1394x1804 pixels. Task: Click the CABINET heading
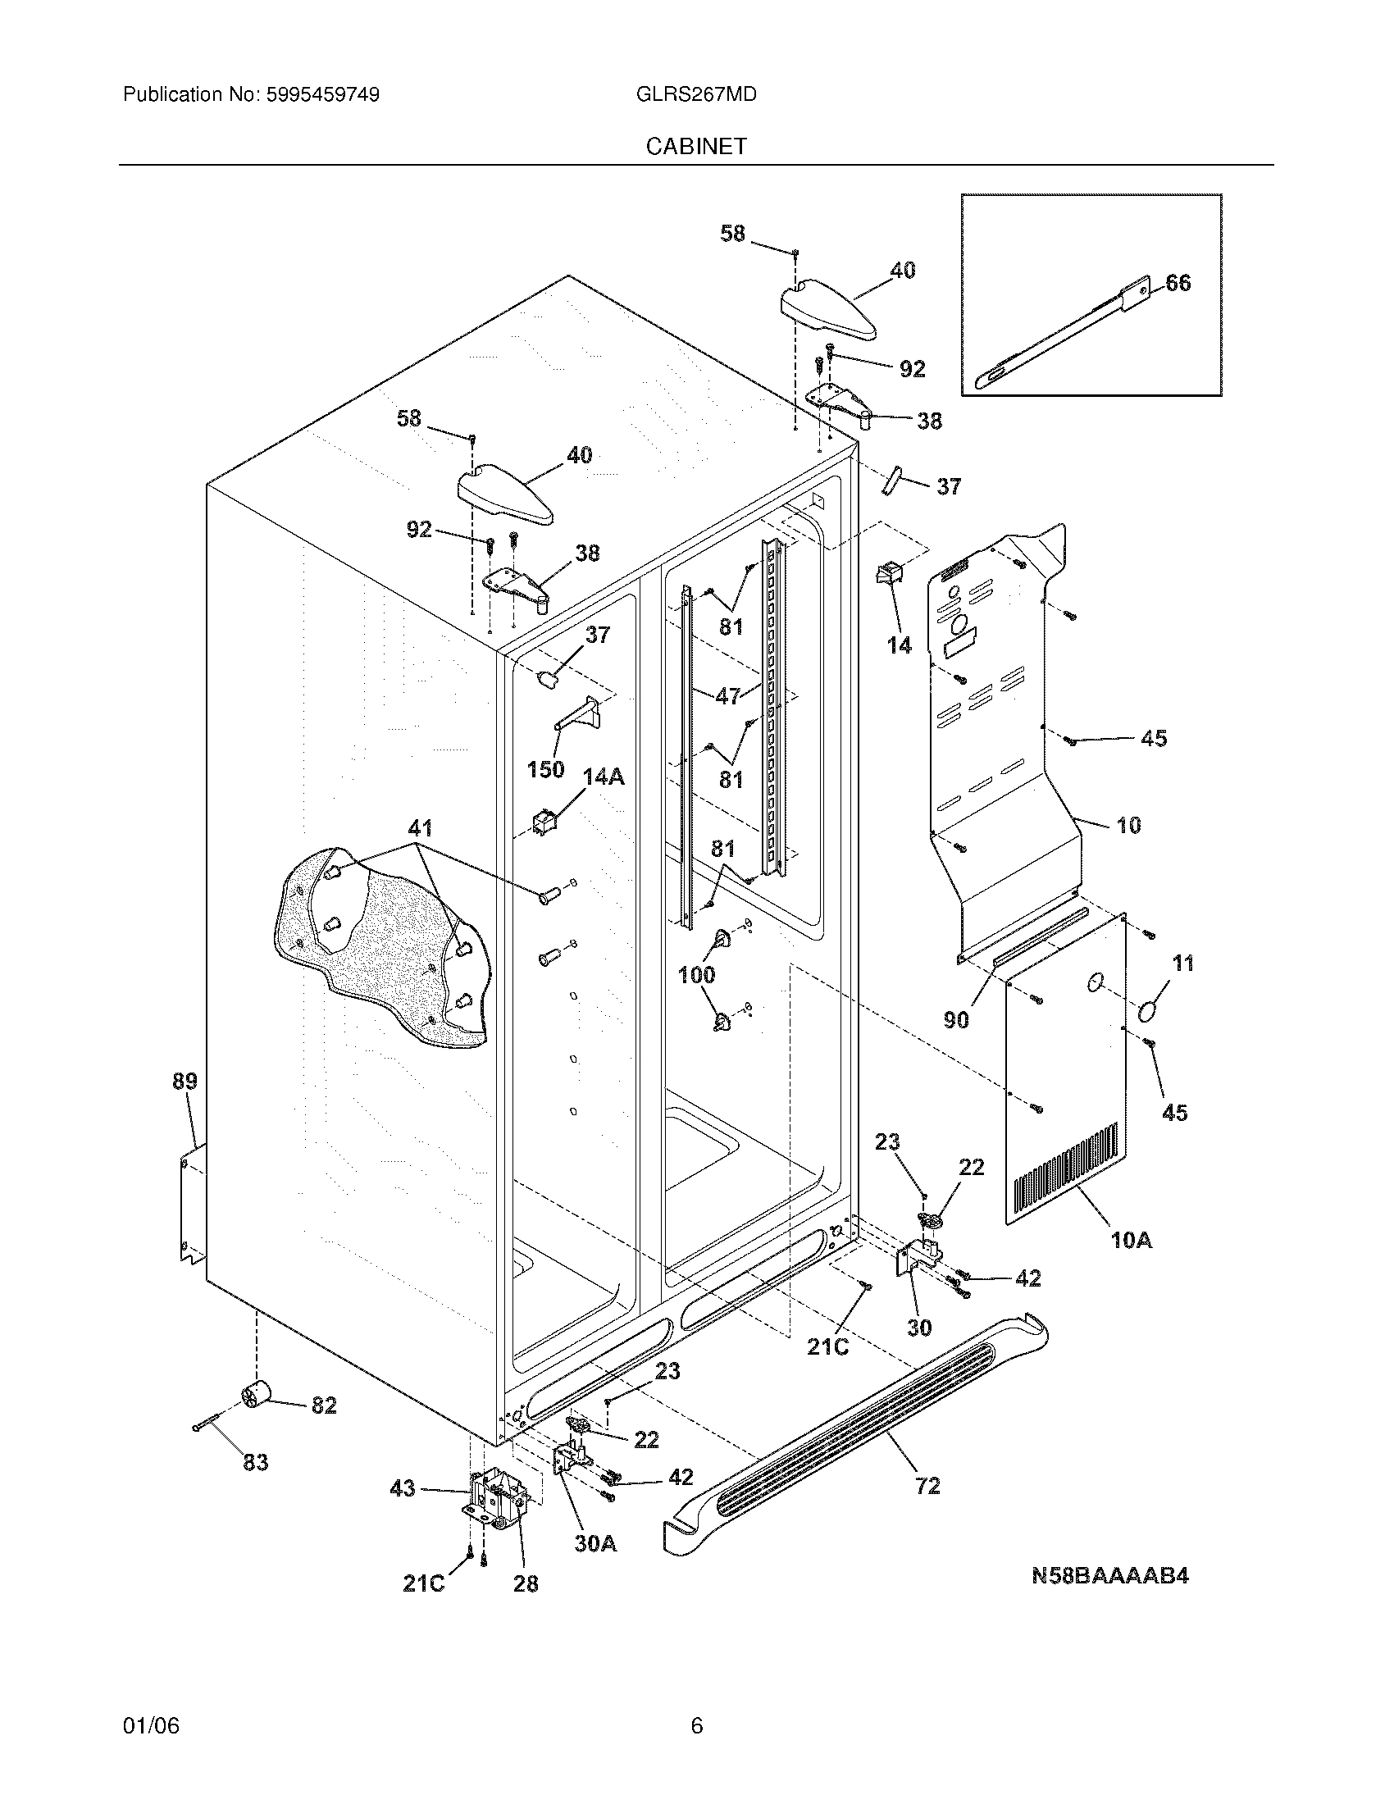(x=696, y=146)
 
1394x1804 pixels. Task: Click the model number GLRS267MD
(x=696, y=94)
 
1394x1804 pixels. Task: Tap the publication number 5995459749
(x=322, y=94)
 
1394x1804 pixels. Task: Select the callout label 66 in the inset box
(x=1178, y=284)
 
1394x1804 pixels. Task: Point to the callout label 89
(x=185, y=1081)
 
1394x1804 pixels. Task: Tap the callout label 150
(x=545, y=769)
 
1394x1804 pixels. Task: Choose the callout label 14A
(x=604, y=777)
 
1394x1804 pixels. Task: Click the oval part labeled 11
(x=1148, y=1012)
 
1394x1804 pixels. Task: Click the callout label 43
(x=402, y=1489)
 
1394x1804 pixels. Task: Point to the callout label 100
(x=696, y=975)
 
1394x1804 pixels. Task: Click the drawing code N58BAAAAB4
(x=1110, y=1576)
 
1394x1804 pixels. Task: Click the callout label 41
(x=420, y=827)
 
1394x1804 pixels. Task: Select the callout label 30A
(x=596, y=1543)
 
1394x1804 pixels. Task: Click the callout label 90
(x=956, y=1020)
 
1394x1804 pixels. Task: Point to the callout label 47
(x=727, y=696)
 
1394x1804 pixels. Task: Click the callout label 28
(x=526, y=1583)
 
